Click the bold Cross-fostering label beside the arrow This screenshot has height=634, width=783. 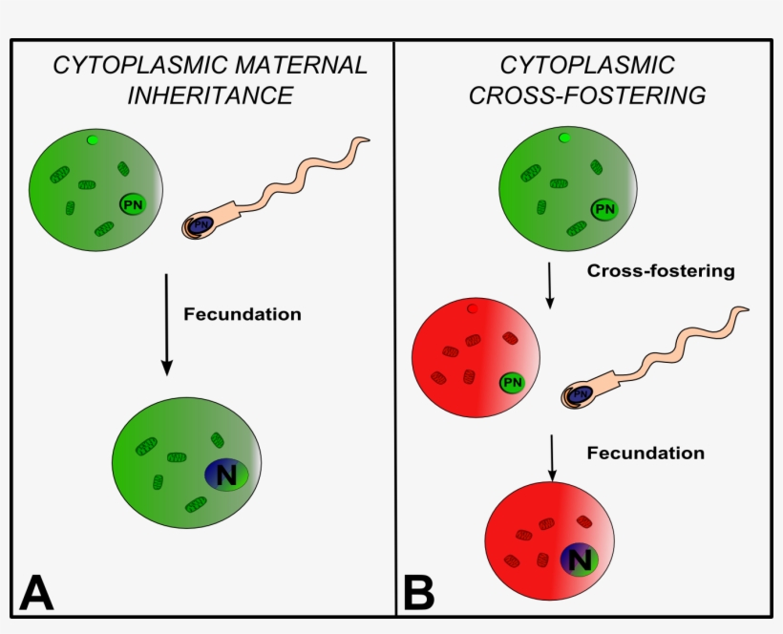(661, 271)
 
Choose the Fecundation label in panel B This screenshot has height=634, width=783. (645, 453)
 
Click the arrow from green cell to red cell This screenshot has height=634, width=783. (550, 285)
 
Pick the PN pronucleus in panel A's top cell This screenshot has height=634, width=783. (133, 203)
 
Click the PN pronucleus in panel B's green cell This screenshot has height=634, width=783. (603, 208)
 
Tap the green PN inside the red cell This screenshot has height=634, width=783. (513, 383)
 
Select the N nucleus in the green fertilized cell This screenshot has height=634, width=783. (225, 475)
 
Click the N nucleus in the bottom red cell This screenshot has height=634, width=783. (578, 559)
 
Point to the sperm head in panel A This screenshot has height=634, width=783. (198, 226)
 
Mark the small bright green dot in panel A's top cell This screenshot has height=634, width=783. (92, 140)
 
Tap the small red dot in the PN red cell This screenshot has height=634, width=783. (472, 308)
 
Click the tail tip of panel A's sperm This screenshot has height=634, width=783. (366, 141)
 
